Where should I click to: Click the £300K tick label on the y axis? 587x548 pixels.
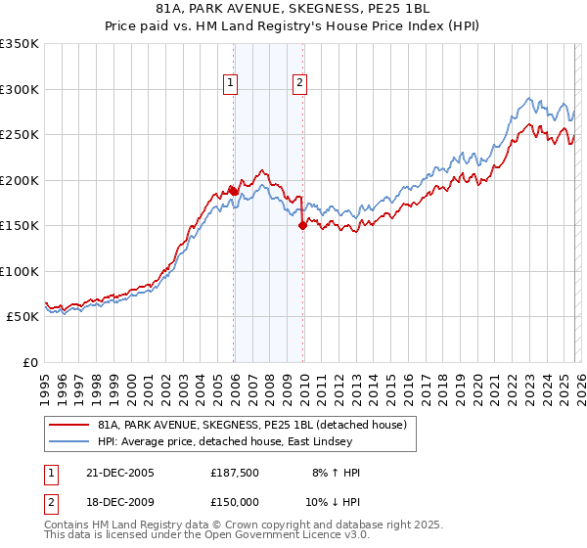click(x=20, y=89)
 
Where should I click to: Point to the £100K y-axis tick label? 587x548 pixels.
click(x=20, y=271)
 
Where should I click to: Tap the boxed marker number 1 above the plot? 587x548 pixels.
click(x=231, y=84)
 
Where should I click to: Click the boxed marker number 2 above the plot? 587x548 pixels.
click(x=299, y=84)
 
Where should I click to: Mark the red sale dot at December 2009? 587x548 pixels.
click(x=302, y=226)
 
